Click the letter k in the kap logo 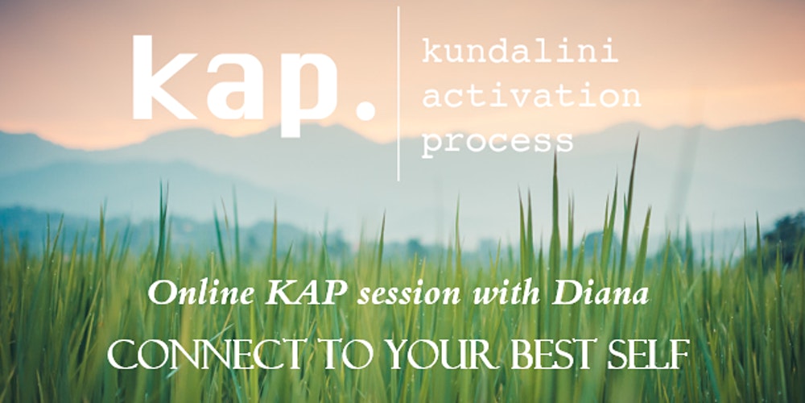point(164,77)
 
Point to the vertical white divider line point(398,93)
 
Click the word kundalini point(520,52)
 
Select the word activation point(530,96)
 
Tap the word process point(497,141)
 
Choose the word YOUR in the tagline point(442,355)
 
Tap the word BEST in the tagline point(554,355)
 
